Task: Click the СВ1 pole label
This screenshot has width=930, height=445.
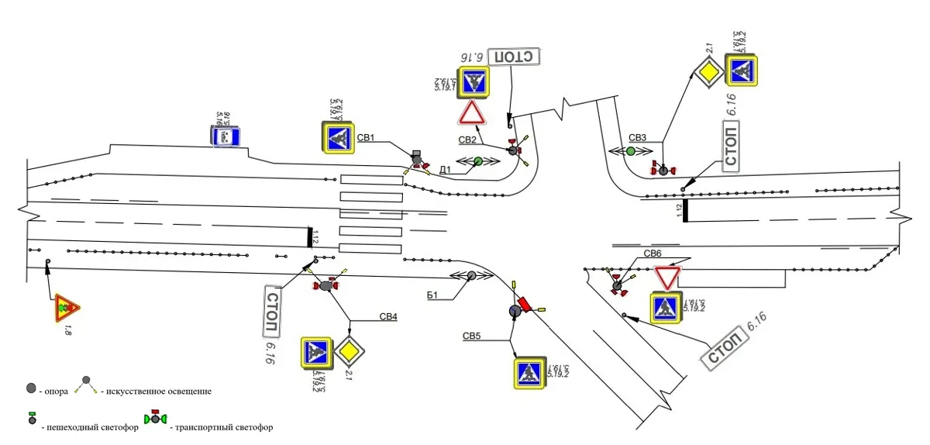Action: pyautogui.click(x=367, y=138)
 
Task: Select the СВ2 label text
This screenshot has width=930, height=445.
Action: pyautogui.click(x=467, y=140)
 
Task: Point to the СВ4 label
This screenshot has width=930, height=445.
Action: pyautogui.click(x=388, y=316)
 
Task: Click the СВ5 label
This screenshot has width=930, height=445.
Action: pyautogui.click(x=472, y=336)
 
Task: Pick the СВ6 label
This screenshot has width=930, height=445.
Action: pyautogui.click(x=652, y=254)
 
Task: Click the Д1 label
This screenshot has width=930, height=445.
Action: pyautogui.click(x=445, y=169)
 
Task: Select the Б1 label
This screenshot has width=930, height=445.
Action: pyautogui.click(x=433, y=294)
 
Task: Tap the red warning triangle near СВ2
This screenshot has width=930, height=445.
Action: pyautogui.click(x=471, y=114)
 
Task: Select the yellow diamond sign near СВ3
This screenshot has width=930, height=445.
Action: pyautogui.click(x=707, y=73)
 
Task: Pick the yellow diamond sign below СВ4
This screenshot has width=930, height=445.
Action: pyautogui.click(x=350, y=353)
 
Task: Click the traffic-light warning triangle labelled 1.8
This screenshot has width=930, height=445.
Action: pyautogui.click(x=67, y=308)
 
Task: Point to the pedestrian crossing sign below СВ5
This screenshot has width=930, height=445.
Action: pyautogui.click(x=530, y=373)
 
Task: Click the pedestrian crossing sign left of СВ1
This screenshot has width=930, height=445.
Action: pyautogui.click(x=338, y=137)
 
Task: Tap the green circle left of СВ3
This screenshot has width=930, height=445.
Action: pyautogui.click(x=630, y=151)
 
